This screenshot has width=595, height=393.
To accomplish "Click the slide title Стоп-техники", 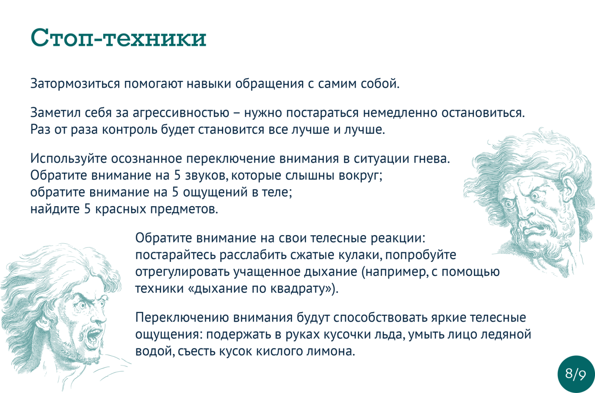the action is [x=119, y=38].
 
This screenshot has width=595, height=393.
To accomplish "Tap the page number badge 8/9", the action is [x=576, y=374].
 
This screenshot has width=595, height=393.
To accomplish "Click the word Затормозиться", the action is [x=75, y=84].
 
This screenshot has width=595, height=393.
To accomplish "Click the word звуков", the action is [x=206, y=175].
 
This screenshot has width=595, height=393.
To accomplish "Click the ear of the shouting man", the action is [x=42, y=326].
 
